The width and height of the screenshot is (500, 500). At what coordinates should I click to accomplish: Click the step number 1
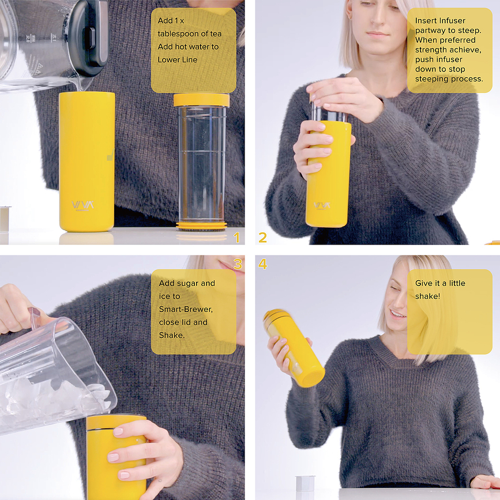[235, 238]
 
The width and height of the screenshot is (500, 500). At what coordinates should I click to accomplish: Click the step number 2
[262, 238]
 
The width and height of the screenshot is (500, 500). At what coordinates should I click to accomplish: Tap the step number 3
[238, 264]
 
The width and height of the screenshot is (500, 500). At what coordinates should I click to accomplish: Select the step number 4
[263, 264]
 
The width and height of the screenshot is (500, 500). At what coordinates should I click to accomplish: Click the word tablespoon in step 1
[180, 33]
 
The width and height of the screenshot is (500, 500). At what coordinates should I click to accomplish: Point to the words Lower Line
[178, 59]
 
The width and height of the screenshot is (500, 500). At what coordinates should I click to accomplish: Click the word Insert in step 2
[426, 21]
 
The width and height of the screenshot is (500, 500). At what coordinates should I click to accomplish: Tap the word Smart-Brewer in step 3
[186, 309]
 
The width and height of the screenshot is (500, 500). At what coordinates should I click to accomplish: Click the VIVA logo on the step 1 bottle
[83, 205]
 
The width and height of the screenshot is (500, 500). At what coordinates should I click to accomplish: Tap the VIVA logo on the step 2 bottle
[322, 205]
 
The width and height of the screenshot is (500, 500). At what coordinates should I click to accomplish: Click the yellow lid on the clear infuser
[201, 100]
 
